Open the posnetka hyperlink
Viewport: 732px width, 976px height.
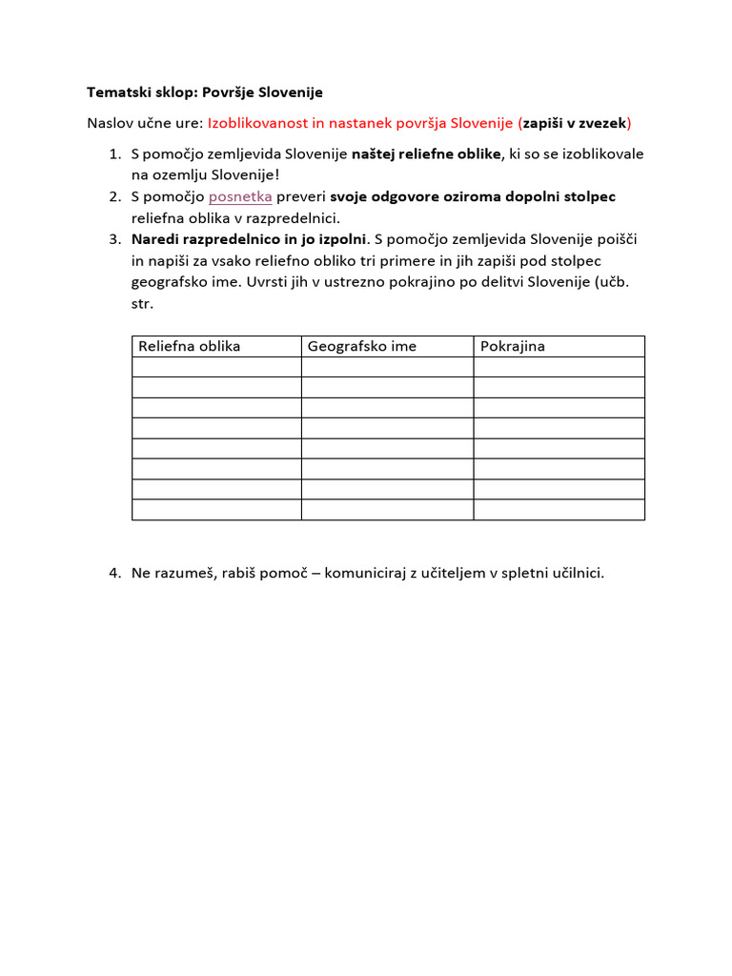pyautogui.click(x=240, y=196)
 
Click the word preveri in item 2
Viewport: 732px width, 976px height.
pyautogui.click(x=301, y=196)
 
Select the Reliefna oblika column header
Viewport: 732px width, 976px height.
pyautogui.click(x=190, y=346)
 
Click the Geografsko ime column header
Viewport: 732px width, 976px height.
pyautogui.click(x=362, y=346)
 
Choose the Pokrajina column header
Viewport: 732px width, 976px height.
pyautogui.click(x=513, y=346)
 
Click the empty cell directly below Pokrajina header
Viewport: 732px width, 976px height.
pyautogui.click(x=559, y=367)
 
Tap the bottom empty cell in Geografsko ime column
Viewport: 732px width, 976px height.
pyautogui.click(x=387, y=510)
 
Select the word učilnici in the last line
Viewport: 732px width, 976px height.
pyautogui.click(x=575, y=573)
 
